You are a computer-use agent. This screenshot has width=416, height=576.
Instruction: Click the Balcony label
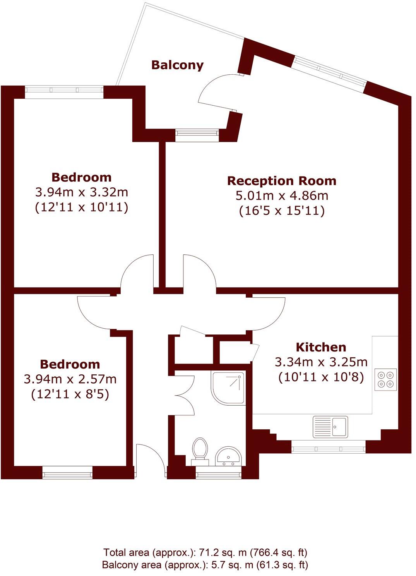coord(177,65)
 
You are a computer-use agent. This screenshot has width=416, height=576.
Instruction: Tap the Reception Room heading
coord(281,181)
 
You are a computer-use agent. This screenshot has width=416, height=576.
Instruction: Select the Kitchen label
coord(321,347)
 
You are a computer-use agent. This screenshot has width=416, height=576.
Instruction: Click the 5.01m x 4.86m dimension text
coord(282,195)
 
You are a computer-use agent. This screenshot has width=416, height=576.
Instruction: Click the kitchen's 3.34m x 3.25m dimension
coord(321,362)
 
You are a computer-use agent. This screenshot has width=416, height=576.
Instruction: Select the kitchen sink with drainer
coord(330,427)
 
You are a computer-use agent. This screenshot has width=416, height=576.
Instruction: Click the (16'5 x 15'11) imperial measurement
coord(282,211)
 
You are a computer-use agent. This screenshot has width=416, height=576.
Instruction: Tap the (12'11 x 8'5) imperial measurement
coord(70,394)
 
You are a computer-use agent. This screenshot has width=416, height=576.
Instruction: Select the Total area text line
coord(205,552)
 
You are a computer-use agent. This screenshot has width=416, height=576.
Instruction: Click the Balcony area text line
coord(205,565)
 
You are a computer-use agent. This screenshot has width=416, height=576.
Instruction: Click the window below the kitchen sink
coord(328,449)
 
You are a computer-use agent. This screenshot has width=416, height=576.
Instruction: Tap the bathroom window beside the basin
coord(219,473)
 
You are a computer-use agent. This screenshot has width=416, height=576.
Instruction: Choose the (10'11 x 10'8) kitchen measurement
coord(321,377)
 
